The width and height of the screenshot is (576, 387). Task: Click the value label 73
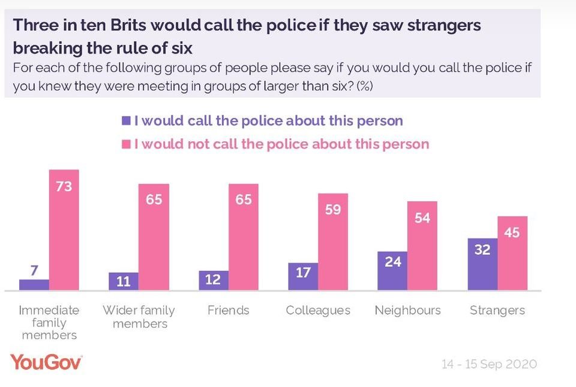click(64, 186)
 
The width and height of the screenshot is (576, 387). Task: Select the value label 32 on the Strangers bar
click(482, 249)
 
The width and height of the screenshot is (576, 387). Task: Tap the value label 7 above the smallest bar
click(34, 270)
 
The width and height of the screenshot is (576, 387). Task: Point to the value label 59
click(333, 210)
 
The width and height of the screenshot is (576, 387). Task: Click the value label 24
click(393, 262)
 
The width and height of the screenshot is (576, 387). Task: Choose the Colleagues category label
click(317, 311)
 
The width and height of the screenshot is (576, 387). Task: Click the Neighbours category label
click(407, 311)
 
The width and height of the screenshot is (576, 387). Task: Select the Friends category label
click(228, 311)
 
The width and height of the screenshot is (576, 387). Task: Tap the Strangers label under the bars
click(497, 311)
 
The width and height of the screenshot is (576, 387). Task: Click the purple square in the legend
click(126, 121)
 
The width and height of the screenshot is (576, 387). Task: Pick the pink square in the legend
click(126, 144)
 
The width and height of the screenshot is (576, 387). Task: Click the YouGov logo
click(46, 362)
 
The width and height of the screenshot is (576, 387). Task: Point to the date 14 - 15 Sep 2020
click(489, 364)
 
